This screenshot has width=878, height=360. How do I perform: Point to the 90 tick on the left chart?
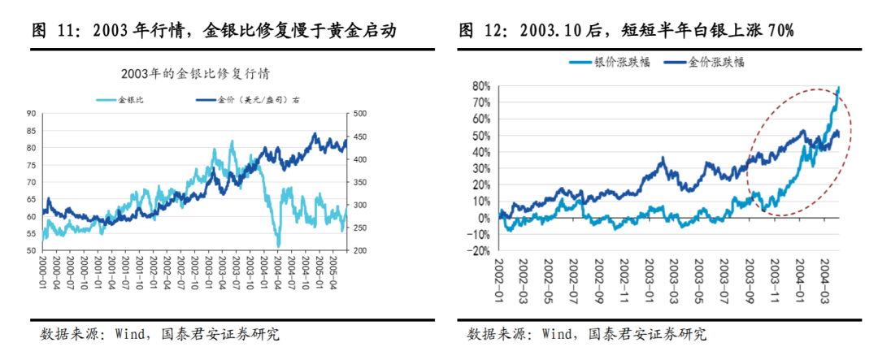tap(32, 114)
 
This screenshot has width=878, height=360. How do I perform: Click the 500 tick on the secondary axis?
tap(359, 114)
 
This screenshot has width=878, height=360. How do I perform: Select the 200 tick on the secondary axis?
tap(359, 250)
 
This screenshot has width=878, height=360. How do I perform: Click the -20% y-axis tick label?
tap(478, 251)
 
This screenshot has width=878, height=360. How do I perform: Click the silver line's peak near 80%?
tap(838, 87)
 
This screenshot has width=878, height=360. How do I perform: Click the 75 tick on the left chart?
tap(32, 182)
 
